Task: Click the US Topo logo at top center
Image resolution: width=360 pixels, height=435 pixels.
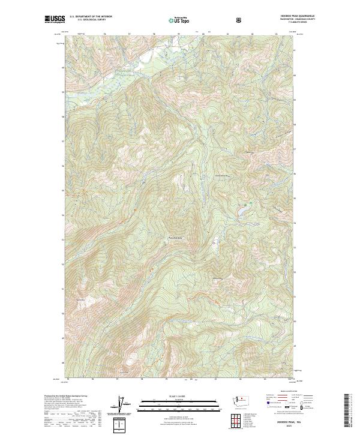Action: pyautogui.click(x=179, y=20)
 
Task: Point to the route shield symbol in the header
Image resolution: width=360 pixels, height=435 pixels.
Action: pyautogui.click(x=239, y=20)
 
